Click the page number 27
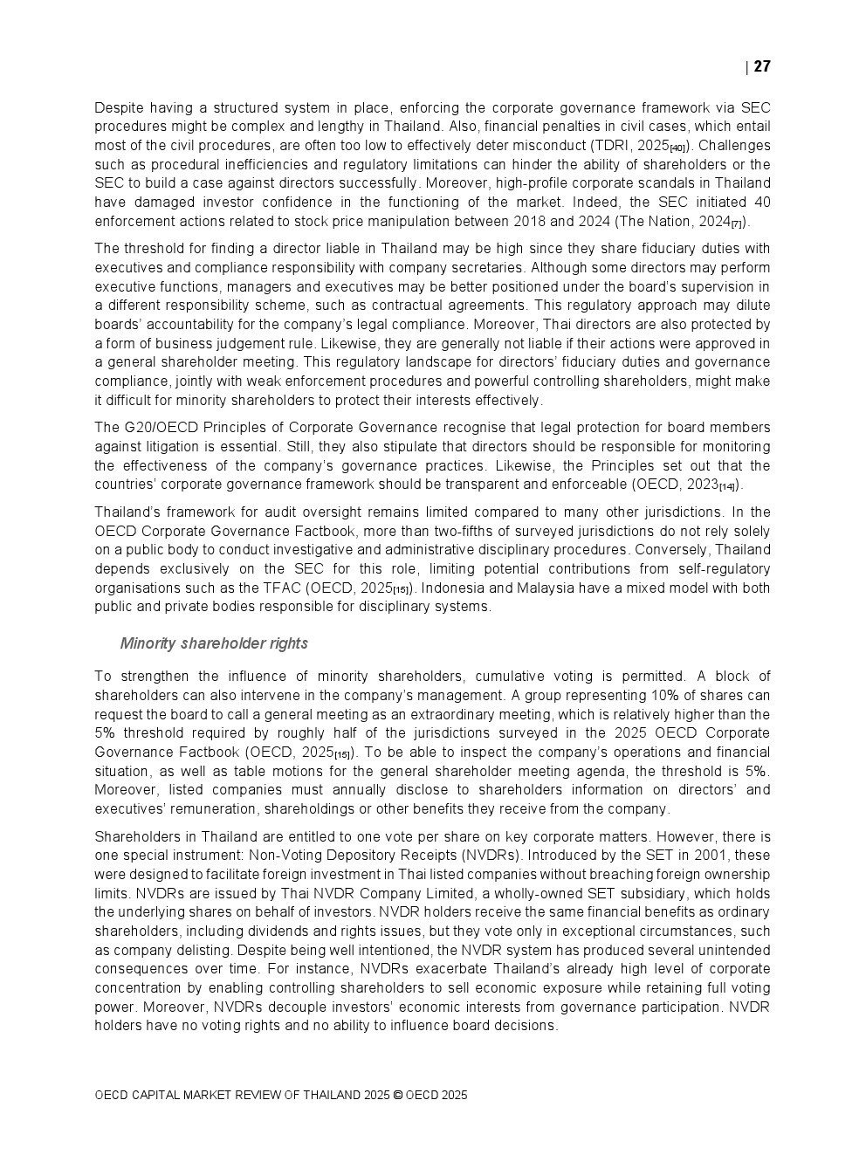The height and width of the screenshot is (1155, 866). tap(762, 66)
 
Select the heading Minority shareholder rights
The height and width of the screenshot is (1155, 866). tap(214, 643)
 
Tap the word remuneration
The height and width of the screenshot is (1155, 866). tap(216, 809)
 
